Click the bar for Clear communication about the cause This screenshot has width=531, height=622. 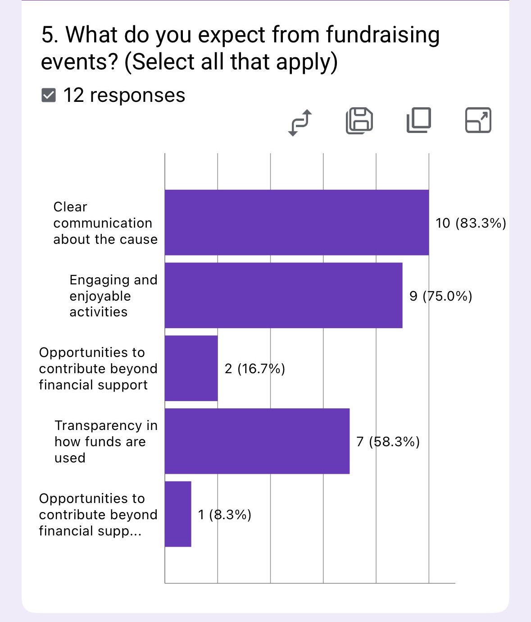(x=296, y=223)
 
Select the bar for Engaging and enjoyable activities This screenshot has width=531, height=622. (x=283, y=296)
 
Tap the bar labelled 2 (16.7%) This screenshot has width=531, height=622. (x=191, y=368)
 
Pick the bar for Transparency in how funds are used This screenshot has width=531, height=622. (x=257, y=441)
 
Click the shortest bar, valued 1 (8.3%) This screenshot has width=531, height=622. (x=178, y=514)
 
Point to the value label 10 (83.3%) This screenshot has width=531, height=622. (x=471, y=223)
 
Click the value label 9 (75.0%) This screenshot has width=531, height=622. (x=440, y=296)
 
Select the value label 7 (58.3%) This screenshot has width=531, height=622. (x=388, y=442)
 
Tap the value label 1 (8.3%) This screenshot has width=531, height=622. (x=224, y=515)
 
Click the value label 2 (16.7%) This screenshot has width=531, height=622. (x=254, y=369)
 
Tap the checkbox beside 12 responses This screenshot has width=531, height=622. (x=48, y=96)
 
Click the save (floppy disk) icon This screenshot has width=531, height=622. (x=359, y=121)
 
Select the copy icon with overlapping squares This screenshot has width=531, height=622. (x=418, y=121)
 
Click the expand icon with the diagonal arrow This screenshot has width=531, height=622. (x=478, y=120)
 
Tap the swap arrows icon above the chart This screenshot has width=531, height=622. (x=300, y=122)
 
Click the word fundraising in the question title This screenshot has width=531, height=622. (x=382, y=35)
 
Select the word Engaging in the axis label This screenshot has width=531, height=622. (x=93, y=280)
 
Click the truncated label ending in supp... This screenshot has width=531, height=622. (x=90, y=531)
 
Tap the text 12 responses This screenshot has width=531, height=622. (x=124, y=96)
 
